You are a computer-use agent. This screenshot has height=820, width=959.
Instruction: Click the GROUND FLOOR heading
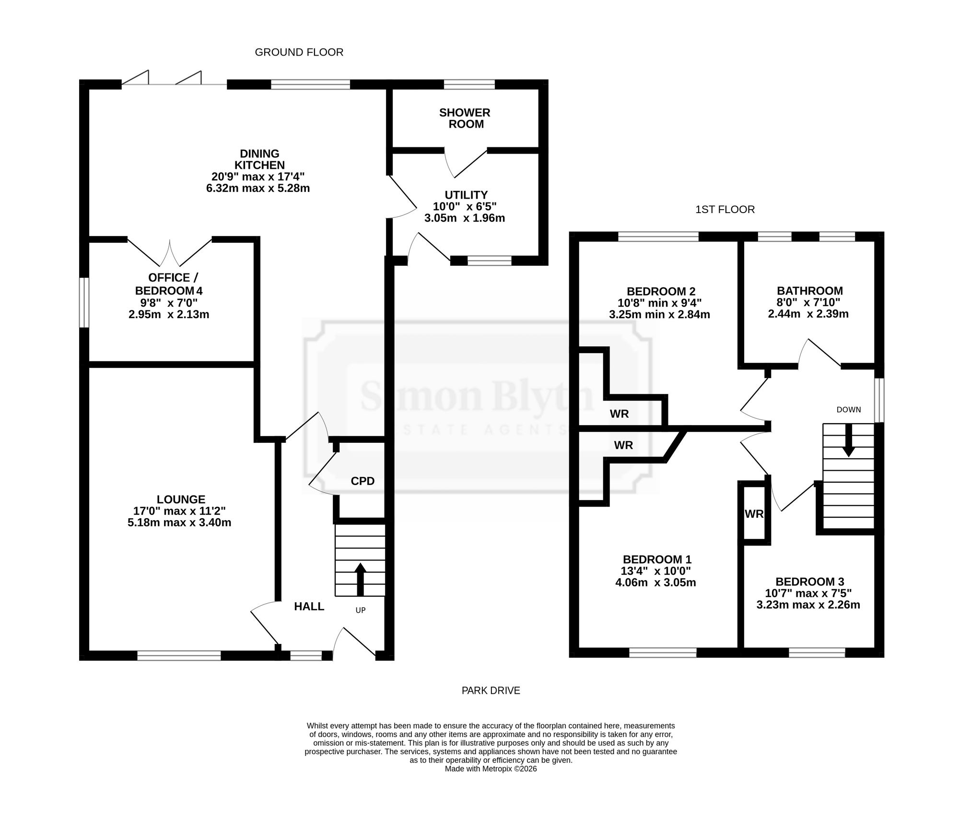coord(299,52)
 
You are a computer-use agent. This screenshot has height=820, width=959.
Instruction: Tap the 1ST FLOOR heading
coord(725,210)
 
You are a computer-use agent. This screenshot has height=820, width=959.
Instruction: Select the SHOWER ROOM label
coord(465,119)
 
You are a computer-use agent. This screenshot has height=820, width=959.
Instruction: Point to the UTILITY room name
coord(466,195)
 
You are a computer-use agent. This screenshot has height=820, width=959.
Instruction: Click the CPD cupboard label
coord(363,481)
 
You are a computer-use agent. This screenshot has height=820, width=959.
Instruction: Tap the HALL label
coord(309,606)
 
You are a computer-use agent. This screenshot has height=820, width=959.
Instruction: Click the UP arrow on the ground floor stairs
coord(360,579)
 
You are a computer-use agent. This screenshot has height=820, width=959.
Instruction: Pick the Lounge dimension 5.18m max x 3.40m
coord(179,523)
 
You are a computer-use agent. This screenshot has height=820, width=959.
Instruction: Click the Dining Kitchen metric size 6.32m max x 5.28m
coord(258,188)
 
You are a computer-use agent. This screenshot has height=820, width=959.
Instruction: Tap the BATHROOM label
coord(810,291)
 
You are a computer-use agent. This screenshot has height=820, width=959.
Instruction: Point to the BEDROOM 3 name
coord(810,582)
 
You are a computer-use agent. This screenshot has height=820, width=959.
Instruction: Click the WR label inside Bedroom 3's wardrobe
coord(754,514)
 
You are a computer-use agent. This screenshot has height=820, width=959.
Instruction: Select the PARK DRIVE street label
coord(491,690)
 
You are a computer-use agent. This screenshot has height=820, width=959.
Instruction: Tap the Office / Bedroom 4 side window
coord(84,302)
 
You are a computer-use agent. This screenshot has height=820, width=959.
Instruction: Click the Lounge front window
coord(179,655)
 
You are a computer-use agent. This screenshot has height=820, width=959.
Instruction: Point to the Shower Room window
coord(469,84)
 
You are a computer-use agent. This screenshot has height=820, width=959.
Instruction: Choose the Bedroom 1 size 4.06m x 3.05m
coord(655,583)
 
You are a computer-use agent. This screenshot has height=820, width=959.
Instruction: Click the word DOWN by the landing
coord(849,410)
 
